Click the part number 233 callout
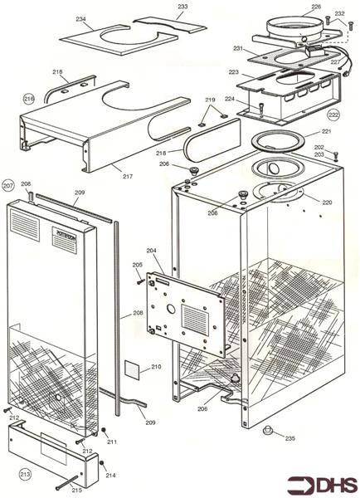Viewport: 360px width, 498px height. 182,7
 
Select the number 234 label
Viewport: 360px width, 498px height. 80,18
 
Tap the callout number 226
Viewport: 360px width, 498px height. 315,7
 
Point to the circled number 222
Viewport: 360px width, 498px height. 333,114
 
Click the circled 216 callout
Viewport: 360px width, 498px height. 29,99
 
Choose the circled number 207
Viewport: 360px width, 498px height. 9,185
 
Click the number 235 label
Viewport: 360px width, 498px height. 289,438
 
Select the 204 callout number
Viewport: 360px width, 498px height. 151,249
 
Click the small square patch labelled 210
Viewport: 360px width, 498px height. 132,369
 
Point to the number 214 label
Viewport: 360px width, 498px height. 111,475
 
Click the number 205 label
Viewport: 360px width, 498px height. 138,265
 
